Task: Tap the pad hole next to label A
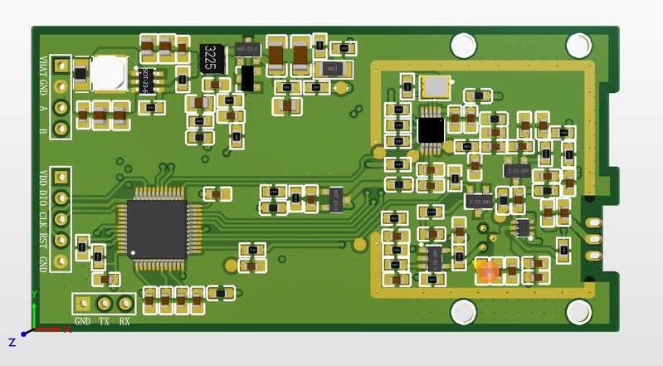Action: coord(61,107)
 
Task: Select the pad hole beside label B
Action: coord(61,128)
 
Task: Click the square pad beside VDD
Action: coord(61,178)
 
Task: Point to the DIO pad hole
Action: coord(61,198)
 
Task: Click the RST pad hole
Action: coord(61,241)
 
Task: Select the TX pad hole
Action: coord(105,304)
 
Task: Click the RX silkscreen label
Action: coord(124,321)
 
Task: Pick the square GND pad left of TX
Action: coord(83,304)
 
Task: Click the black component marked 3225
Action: coord(212,58)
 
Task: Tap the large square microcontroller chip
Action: coord(158,229)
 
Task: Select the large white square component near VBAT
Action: coord(108,73)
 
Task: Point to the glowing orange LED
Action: coord(488,270)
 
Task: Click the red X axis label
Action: coord(67,329)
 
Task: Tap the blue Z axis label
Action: coord(12,342)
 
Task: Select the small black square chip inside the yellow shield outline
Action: coord(431,129)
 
